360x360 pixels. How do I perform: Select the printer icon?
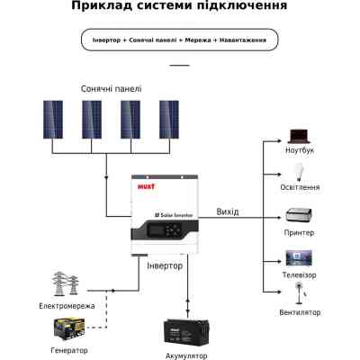pos(298,215)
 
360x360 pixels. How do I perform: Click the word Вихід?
pos(228,211)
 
